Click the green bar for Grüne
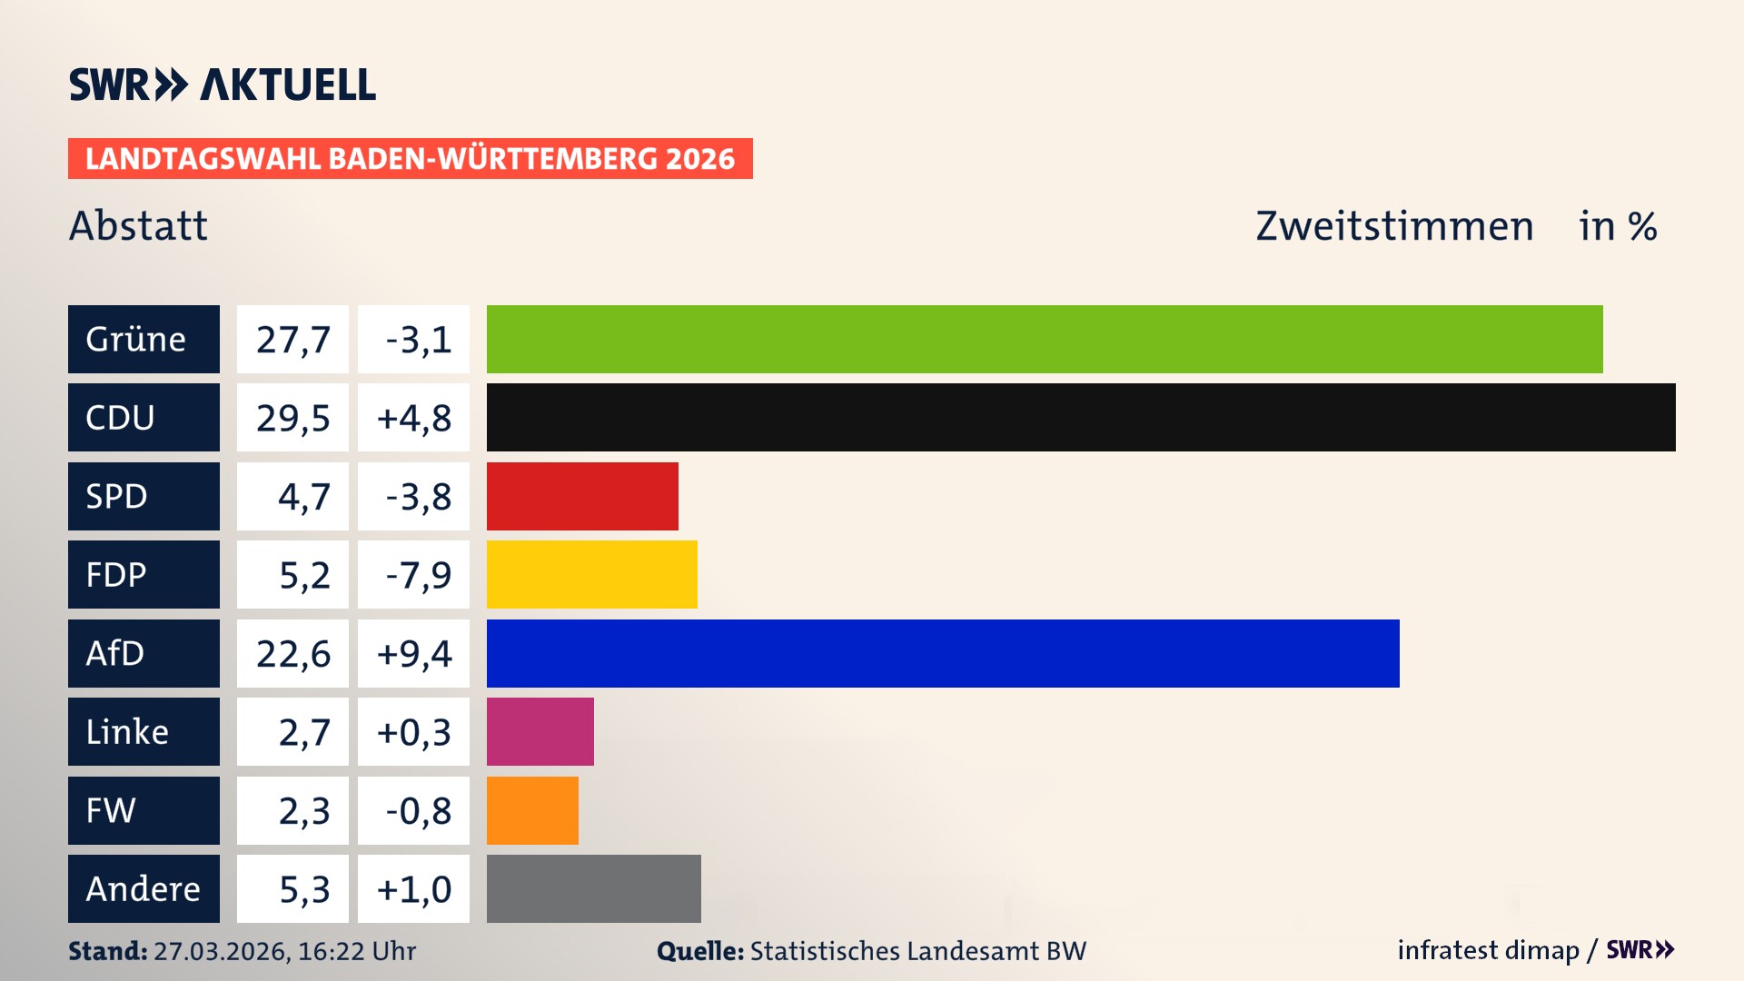click(x=1045, y=339)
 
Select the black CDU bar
click(x=1081, y=417)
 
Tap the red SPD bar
click(x=582, y=496)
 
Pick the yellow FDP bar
click(x=591, y=574)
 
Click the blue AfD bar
click(x=943, y=653)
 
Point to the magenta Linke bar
click(x=540, y=731)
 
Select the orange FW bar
click(x=532, y=810)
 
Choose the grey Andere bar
click(x=593, y=888)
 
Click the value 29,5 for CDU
click(x=292, y=418)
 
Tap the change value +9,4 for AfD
click(x=413, y=653)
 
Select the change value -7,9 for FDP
click(x=417, y=575)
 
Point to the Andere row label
click(x=144, y=888)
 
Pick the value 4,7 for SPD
click(x=303, y=497)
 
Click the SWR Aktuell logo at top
click(x=222, y=84)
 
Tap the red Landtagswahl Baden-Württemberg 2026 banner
click(x=410, y=158)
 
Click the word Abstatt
click(x=138, y=225)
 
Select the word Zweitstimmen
click(x=1394, y=226)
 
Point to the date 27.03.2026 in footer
click(x=221, y=951)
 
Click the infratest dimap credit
click(x=1487, y=950)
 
